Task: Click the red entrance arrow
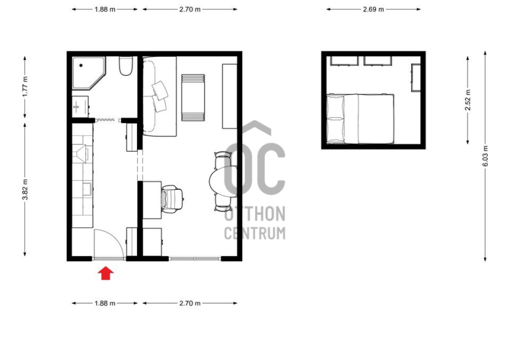click(x=106, y=273)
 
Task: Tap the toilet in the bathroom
click(x=126, y=66)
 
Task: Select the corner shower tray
click(x=89, y=73)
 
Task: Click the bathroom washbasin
click(x=80, y=106)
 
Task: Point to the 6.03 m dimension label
click(x=485, y=155)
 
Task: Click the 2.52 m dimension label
click(x=468, y=100)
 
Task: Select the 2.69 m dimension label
click(x=374, y=9)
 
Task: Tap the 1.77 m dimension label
click(x=25, y=86)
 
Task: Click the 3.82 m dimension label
click(x=25, y=189)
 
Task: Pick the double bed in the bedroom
click(x=360, y=119)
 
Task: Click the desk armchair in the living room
click(x=171, y=199)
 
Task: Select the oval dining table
click(x=223, y=181)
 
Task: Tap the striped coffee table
click(x=193, y=97)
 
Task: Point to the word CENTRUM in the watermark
click(x=254, y=233)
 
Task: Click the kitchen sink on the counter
click(x=87, y=189)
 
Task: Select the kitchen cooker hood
click(x=81, y=153)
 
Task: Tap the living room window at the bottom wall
click(x=195, y=259)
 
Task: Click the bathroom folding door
click(x=108, y=120)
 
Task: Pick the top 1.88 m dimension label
click(x=105, y=9)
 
